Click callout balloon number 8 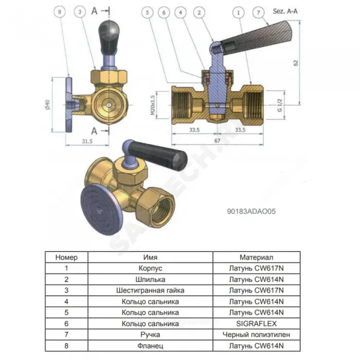click(x=60, y=12)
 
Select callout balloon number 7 click(x=258, y=12)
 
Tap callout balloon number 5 click(x=148, y=12)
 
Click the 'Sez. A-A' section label click(x=285, y=11)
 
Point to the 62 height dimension click(x=296, y=63)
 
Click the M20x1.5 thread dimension click(x=153, y=105)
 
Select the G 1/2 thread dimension click(x=279, y=105)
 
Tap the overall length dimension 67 click(x=217, y=140)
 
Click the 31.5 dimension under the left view click(x=87, y=141)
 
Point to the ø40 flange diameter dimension click(x=47, y=105)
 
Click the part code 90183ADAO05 click(x=251, y=211)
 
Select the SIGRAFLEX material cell click(x=257, y=323)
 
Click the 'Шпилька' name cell click(x=150, y=279)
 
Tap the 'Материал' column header click(x=257, y=257)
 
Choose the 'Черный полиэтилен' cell click(x=257, y=334)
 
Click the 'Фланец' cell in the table click(x=150, y=346)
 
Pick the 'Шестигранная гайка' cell click(x=150, y=290)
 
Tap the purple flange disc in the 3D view click(x=101, y=210)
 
